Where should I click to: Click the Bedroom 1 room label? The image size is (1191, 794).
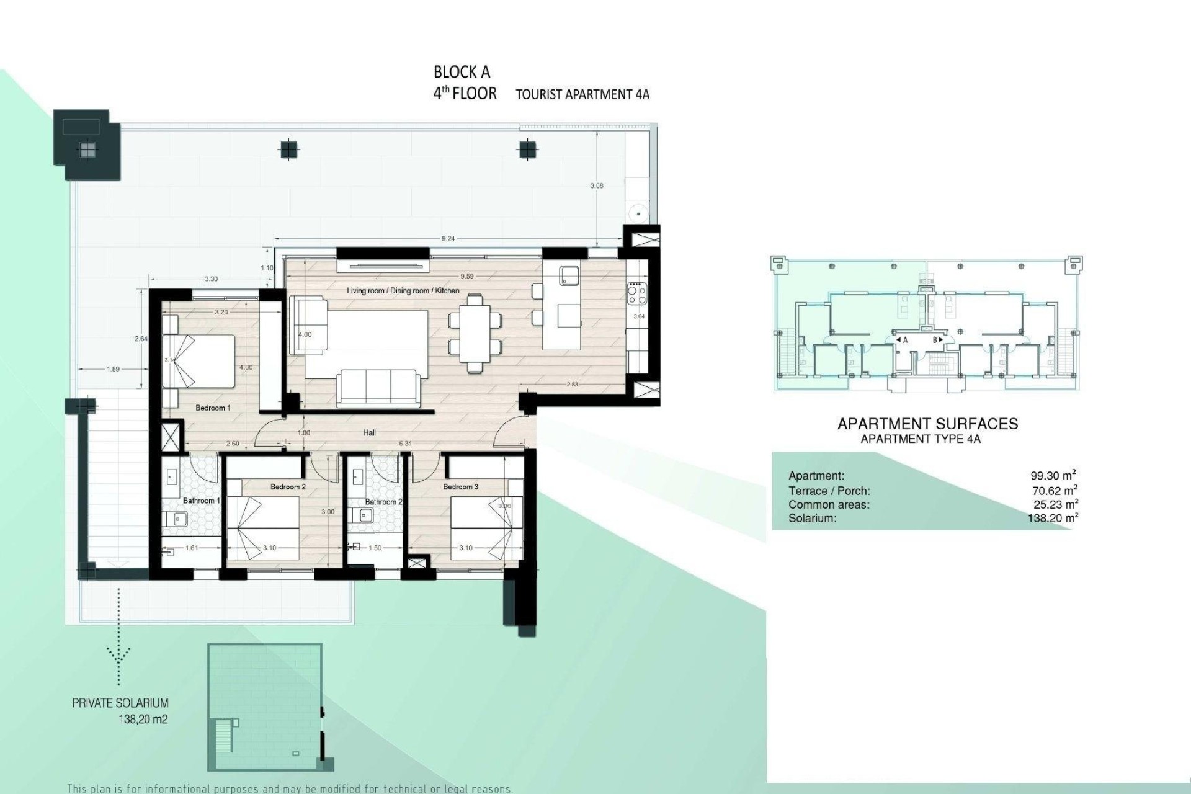point(213,408)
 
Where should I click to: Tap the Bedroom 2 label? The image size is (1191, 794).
point(288,487)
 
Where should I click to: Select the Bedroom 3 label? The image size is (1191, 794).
point(460,487)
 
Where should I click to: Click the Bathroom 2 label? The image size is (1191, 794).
point(383,502)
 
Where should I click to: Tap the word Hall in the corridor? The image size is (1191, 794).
point(370,433)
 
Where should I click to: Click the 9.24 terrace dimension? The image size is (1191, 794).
point(448,239)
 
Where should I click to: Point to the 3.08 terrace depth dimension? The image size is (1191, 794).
point(596,185)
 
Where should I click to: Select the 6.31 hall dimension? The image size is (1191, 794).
point(405,444)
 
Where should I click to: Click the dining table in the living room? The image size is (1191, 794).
point(475,332)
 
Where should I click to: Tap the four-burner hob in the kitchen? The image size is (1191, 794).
point(637,293)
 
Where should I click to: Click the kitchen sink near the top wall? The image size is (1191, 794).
point(568,275)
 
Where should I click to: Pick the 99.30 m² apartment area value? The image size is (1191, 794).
point(1053,476)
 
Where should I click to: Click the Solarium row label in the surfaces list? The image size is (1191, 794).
point(812,519)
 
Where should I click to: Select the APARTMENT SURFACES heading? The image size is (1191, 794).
point(927,424)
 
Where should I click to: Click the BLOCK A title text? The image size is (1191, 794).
point(462,73)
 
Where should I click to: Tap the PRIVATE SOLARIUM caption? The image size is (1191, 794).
point(120,703)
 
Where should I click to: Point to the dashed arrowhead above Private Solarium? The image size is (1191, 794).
point(118,654)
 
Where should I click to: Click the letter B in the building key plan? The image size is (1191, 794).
point(934,340)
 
